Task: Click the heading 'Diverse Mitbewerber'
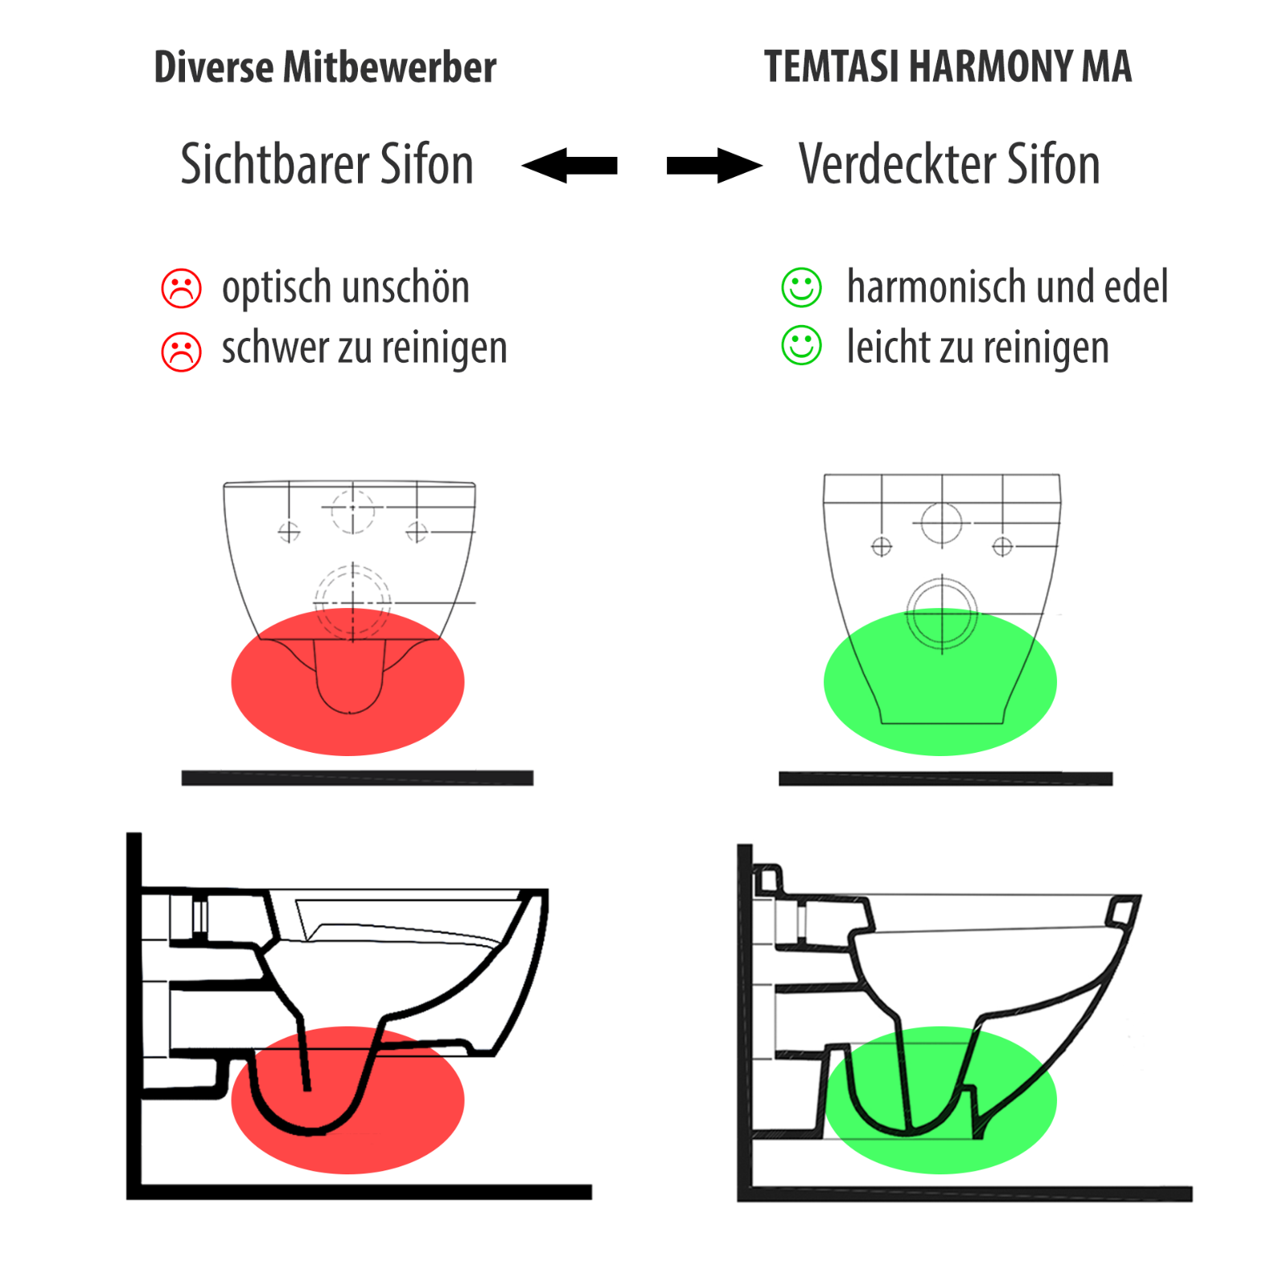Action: pyautogui.click(x=325, y=67)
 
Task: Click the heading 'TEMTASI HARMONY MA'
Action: pyautogui.click(x=948, y=66)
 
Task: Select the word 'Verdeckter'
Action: pyautogui.click(x=895, y=164)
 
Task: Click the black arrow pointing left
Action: pyautogui.click(x=569, y=166)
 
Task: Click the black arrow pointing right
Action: pyautogui.click(x=714, y=166)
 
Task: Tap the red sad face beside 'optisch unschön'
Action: pyautogui.click(x=182, y=288)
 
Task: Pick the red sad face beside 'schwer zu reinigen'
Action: pyautogui.click(x=182, y=352)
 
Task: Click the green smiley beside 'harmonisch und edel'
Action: pyautogui.click(x=801, y=287)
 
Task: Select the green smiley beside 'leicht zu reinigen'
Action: pyautogui.click(x=801, y=345)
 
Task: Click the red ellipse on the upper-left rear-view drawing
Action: pyautogui.click(x=347, y=682)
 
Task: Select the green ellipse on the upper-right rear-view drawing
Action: pyautogui.click(x=940, y=682)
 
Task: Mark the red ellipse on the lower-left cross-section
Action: pyautogui.click(x=347, y=1100)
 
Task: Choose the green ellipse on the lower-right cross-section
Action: pyautogui.click(x=940, y=1100)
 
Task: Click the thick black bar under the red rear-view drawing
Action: pyautogui.click(x=357, y=778)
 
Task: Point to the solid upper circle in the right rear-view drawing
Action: pyautogui.click(x=942, y=504)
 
